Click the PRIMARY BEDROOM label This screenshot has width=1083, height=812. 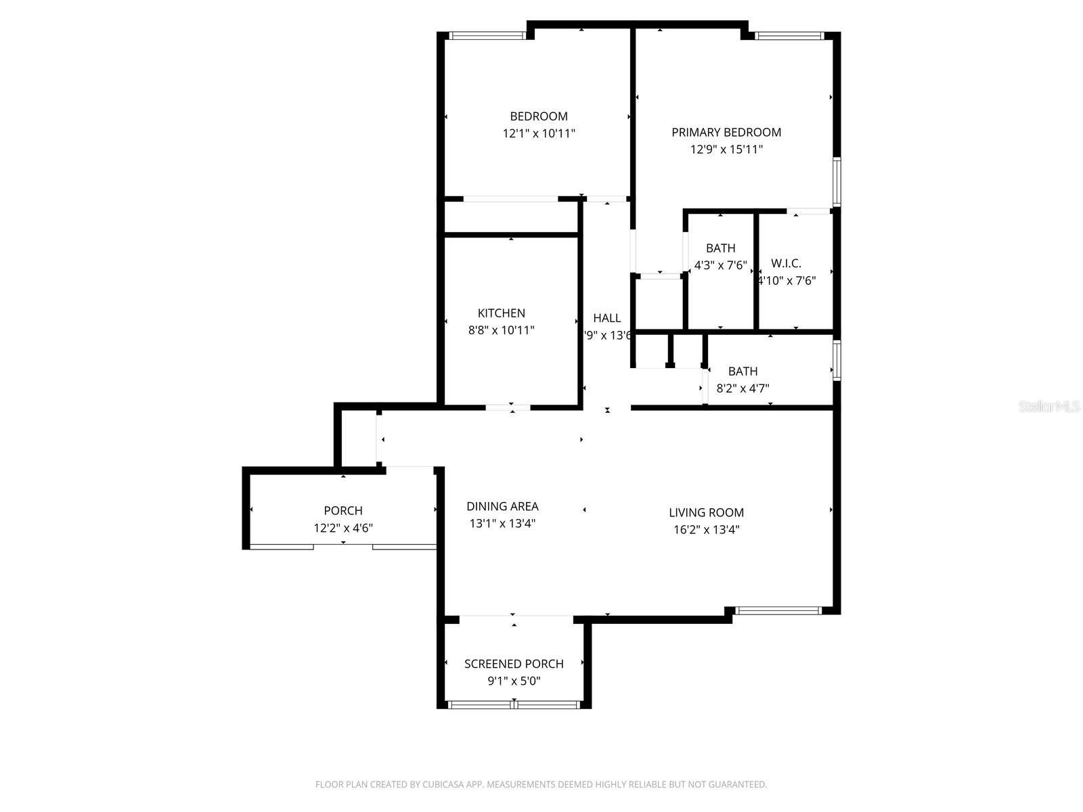[x=726, y=133]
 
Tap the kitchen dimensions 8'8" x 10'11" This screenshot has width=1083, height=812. [x=501, y=331]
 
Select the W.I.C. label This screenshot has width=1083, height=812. [x=786, y=264]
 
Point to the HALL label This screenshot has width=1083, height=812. [x=606, y=318]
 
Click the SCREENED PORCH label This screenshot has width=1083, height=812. [x=514, y=664]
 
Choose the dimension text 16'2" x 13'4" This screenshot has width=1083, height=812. [x=706, y=530]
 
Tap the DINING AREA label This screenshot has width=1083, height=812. [x=502, y=506]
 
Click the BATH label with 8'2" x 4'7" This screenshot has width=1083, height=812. [x=743, y=371]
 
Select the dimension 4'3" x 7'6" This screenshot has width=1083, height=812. [x=720, y=265]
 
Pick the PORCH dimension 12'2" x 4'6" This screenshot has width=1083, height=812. [x=343, y=528]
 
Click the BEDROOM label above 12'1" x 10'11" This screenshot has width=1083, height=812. [x=539, y=116]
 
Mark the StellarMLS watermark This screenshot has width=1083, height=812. [x=1050, y=407]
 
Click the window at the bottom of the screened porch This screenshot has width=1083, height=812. [x=514, y=704]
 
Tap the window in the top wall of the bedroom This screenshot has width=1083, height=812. [x=487, y=36]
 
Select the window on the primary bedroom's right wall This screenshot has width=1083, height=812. [x=837, y=181]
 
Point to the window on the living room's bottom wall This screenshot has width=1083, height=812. [x=778, y=610]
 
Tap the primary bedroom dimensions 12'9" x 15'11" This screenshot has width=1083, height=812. [x=726, y=150]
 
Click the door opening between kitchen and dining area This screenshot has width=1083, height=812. [x=508, y=407]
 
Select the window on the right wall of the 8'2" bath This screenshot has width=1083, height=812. [x=837, y=361]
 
